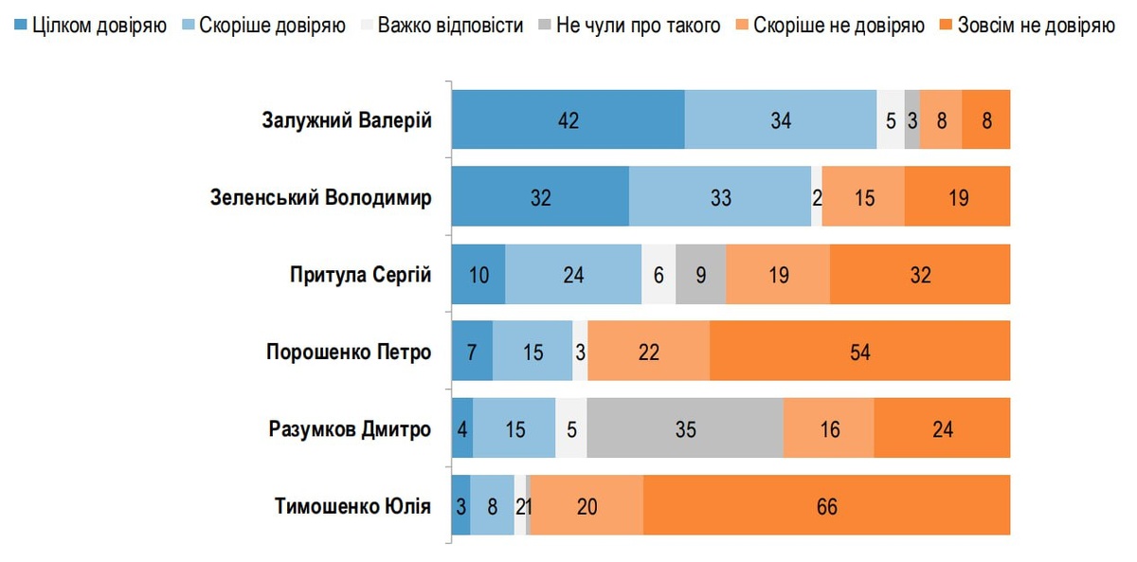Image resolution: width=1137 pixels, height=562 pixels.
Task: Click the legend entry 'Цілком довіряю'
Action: tap(91, 25)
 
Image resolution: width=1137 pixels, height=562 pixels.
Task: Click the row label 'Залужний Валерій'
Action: tap(347, 120)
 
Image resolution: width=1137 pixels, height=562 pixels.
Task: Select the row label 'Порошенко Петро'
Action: tap(349, 353)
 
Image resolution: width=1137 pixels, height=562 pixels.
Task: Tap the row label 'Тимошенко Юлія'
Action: tap(353, 507)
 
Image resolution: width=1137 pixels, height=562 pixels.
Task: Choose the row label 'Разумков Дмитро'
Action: tap(350, 429)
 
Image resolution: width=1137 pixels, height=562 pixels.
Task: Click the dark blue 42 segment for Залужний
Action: tap(568, 120)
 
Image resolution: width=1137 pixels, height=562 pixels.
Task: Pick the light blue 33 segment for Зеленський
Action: tap(720, 198)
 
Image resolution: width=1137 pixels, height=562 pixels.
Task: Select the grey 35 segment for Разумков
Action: tap(685, 429)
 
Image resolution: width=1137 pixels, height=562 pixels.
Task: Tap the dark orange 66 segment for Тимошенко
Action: tap(826, 507)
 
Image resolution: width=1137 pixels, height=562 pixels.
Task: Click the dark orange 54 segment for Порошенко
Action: tap(859, 353)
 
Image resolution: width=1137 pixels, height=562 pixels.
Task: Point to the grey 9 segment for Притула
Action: tap(701, 275)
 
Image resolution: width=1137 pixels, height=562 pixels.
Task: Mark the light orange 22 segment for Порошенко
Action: tap(649, 353)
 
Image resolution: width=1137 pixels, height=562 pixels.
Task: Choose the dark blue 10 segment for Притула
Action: tap(478, 275)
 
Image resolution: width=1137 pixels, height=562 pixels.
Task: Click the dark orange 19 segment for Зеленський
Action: tap(957, 198)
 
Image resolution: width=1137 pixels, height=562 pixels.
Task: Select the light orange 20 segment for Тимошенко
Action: tap(587, 507)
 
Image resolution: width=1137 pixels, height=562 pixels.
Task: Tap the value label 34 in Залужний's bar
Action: tap(780, 120)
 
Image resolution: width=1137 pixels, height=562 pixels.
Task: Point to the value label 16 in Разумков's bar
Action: tap(829, 429)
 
